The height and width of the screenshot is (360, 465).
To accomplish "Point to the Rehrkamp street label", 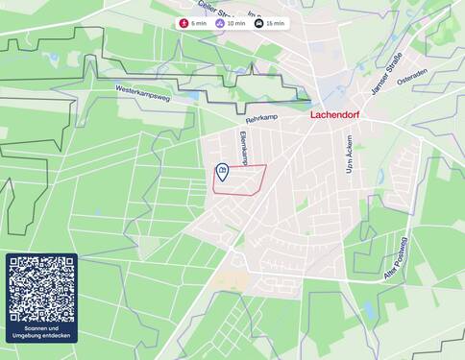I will pos(260,120).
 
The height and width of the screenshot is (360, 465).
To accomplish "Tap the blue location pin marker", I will pos(222,172).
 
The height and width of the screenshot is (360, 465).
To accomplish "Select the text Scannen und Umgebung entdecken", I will pos(41,332).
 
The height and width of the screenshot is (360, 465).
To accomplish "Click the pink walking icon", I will pos(184,23).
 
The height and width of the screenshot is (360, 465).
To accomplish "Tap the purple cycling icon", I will pos(220,23).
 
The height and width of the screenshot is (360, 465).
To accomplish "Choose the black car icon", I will pos(258,23).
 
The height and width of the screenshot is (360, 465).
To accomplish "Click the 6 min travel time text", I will pos(198,23).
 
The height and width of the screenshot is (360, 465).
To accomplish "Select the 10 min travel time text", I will pos(236,23).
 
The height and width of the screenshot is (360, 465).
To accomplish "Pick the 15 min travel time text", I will pos(275,23).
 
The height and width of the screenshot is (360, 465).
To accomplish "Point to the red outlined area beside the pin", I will pos(245,180).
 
